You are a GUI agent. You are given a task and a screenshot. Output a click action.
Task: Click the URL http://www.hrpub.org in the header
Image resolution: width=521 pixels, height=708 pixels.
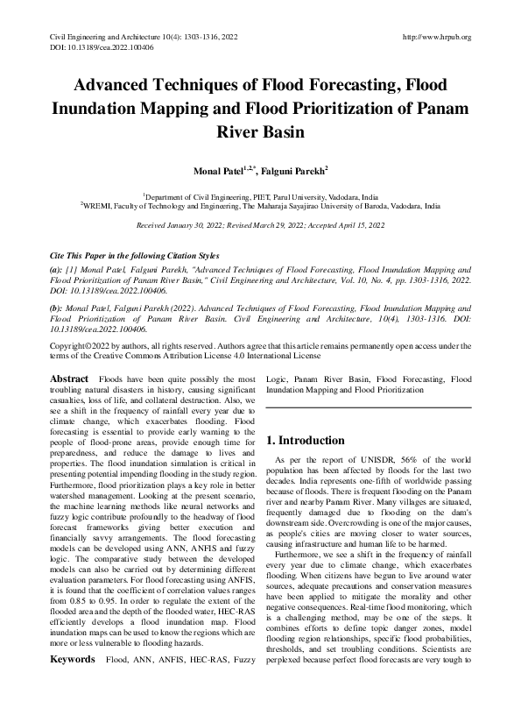[x=436, y=37]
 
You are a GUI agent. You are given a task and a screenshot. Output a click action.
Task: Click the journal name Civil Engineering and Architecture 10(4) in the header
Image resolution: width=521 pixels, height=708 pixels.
[x=109, y=37]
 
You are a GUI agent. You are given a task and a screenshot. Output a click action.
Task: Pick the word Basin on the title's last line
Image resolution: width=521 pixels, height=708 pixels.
[x=281, y=133]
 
